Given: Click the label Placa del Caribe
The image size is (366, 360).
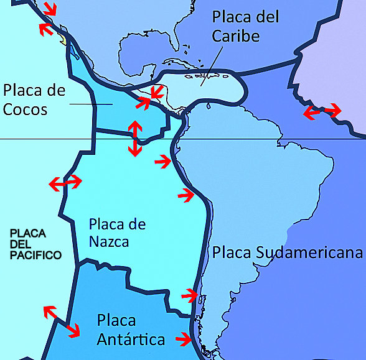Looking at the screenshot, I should coord(245,26).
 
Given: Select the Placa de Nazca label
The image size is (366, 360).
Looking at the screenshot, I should coord(117,232).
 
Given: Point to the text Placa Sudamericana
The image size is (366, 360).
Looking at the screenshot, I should coord(287,252).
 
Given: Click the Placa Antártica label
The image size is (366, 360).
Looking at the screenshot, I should coord(131,330).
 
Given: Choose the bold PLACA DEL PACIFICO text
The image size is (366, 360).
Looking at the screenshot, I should coord(35,244).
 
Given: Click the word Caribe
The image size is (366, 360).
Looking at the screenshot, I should coord(236,36).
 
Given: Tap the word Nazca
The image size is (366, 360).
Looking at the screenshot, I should coord(109,241).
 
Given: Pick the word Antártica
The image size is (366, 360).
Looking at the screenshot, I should coord(131,339).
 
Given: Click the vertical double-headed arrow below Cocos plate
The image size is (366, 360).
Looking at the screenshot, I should coord(134,138).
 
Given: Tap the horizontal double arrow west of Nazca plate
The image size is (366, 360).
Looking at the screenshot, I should coord(65,183).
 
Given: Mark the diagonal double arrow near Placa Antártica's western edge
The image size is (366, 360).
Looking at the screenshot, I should coord(61,321).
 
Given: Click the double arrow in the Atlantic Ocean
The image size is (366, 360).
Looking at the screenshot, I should coord(322,112).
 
